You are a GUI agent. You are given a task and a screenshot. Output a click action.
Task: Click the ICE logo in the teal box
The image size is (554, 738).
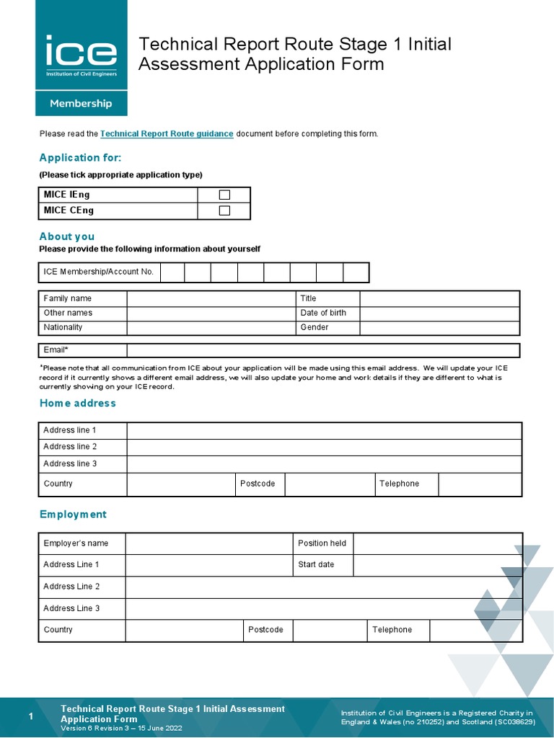81,55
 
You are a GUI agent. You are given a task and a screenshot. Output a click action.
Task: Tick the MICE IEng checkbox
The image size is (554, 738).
224,195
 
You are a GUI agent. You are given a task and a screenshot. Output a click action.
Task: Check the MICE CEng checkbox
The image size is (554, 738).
224,210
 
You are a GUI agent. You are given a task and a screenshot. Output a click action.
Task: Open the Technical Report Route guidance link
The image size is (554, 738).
167,134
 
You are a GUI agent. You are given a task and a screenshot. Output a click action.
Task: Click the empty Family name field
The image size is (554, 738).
211,298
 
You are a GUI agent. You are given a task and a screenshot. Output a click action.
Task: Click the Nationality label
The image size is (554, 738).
63,327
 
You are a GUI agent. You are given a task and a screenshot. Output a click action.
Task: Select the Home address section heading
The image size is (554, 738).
78,403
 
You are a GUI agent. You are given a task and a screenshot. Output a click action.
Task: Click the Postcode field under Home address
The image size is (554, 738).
329,484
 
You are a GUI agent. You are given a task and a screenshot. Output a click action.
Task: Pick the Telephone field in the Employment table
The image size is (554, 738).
475,630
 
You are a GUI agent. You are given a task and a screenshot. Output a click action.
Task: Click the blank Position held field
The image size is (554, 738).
437,543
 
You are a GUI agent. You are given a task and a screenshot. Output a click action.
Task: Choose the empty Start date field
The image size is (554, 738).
437,565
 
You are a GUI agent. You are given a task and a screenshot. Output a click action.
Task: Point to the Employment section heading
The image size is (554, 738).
73,515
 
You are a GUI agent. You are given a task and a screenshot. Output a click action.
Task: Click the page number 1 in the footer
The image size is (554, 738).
30,716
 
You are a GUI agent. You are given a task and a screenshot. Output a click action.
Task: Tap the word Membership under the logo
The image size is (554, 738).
81,103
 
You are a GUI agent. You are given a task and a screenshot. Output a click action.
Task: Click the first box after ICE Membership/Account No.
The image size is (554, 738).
172,272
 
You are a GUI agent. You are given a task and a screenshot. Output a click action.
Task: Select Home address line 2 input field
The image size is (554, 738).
324,447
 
